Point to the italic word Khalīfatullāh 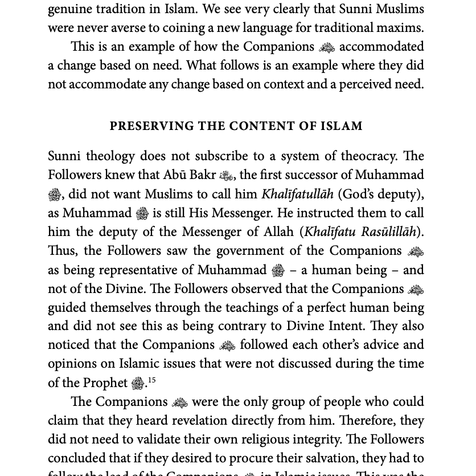coord(297,194)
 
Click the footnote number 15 coord(151,380)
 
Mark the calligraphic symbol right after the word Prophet coord(138,384)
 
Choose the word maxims coord(401,28)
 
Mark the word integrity coord(309,440)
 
